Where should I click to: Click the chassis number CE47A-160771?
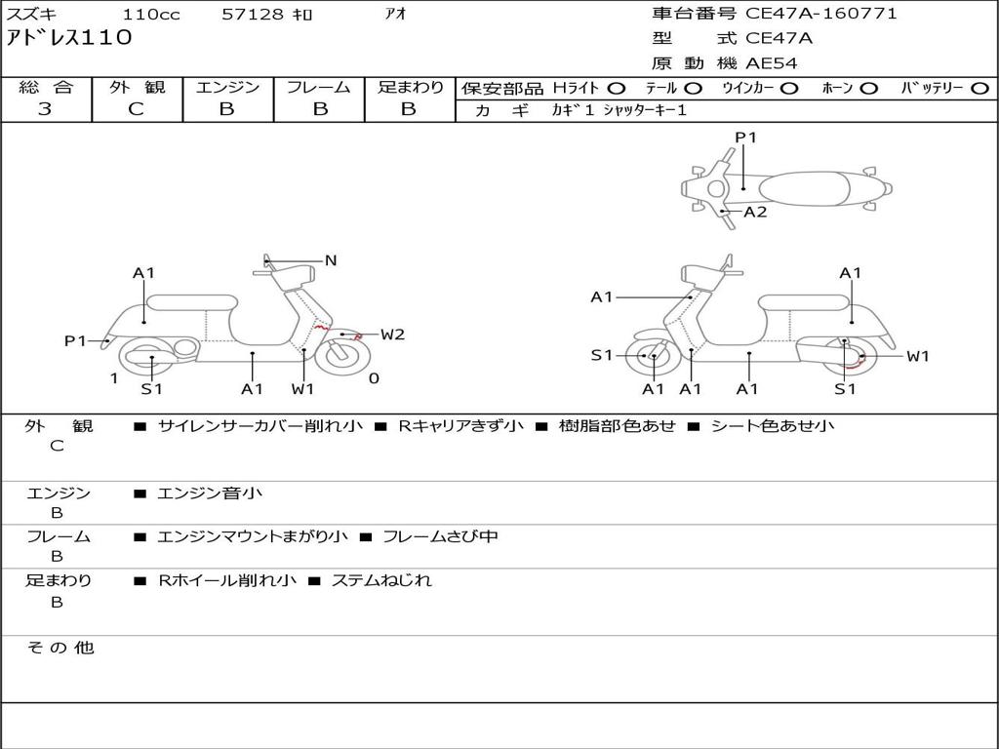[820, 14]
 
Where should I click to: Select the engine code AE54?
[771, 64]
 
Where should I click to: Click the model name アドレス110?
[69, 39]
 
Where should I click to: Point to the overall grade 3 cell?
[45, 109]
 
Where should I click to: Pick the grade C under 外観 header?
[136, 109]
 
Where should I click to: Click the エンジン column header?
[227, 88]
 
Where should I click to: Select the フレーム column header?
[318, 88]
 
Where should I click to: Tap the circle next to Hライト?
[617, 88]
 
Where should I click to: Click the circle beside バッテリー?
[980, 88]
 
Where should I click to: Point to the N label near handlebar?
[331, 260]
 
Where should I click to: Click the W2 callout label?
[392, 335]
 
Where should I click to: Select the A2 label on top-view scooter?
[755, 212]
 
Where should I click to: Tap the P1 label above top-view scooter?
[745, 138]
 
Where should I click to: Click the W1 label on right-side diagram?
[917, 356]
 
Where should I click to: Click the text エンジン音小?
[210, 493]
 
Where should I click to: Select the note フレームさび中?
[440, 536]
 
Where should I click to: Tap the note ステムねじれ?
[380, 580]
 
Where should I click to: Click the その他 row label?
[60, 648]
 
